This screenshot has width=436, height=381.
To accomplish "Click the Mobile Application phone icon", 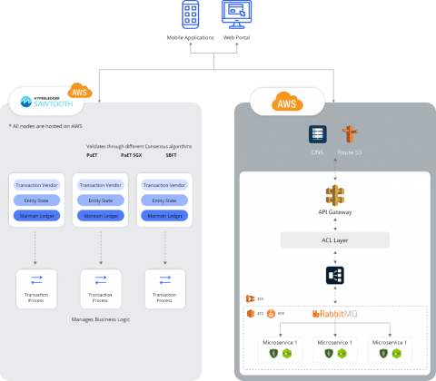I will pyautogui.click(x=192, y=15).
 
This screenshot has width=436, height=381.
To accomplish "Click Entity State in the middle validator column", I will pyautogui.click(x=100, y=199).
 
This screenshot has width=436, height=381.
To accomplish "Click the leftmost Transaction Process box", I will pyautogui.click(x=36, y=289).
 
